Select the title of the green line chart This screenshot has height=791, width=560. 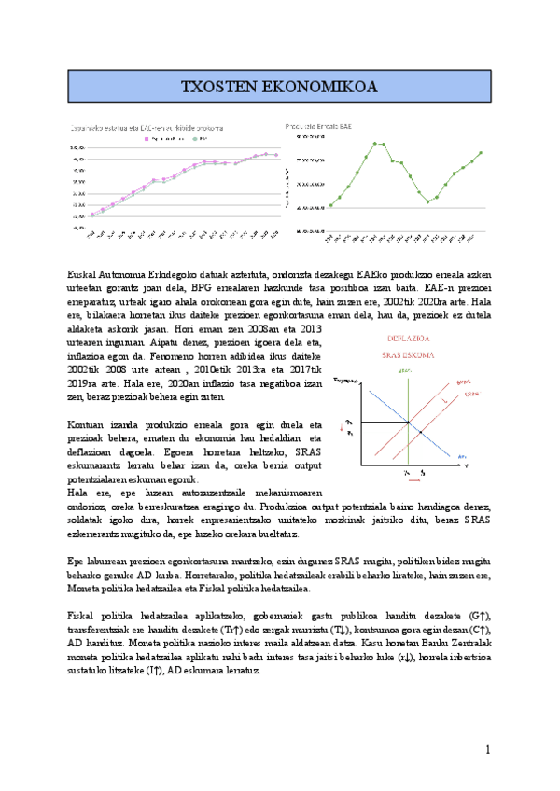tap(318, 125)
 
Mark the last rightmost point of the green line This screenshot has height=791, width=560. tap(482, 152)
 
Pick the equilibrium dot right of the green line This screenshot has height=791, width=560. tap(421, 433)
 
